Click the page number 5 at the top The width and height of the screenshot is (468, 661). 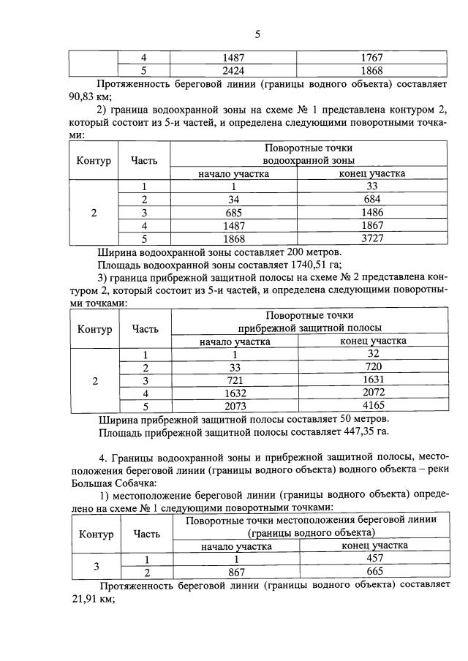point(257,34)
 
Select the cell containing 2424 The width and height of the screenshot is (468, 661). point(234,70)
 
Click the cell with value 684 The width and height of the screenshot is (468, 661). point(372,200)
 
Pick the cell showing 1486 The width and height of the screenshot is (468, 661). point(372,212)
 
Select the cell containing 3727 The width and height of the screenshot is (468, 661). point(372,238)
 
